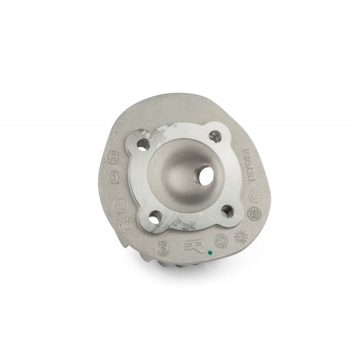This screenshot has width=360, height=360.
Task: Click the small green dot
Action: click(x=209, y=253)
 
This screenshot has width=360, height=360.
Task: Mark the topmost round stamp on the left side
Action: click(x=112, y=155)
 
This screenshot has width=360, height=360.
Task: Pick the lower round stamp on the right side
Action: click(x=253, y=214)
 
